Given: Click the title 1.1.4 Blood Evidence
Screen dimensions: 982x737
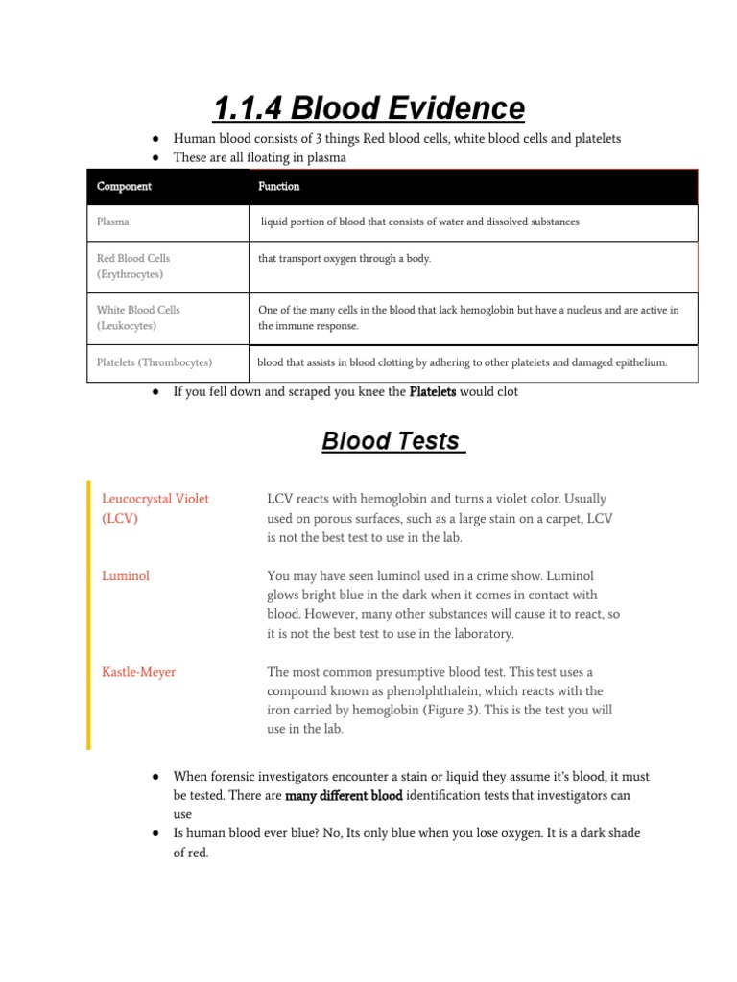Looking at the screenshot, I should tap(368, 107).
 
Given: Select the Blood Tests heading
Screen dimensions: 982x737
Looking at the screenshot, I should tap(393, 441).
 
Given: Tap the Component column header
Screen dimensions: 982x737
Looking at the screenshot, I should tap(124, 186).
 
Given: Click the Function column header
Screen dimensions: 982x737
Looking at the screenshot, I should tap(278, 186).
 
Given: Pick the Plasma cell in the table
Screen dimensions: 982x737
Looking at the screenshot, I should tap(113, 222).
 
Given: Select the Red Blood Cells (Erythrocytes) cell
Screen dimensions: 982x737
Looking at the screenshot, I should tap(132, 267).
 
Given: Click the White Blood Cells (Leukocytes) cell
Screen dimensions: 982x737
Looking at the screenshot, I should tap(138, 317).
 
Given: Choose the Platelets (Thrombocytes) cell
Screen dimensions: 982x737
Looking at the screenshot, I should tap(155, 362).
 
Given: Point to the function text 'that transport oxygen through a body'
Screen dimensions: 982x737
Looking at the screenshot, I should tap(345, 258).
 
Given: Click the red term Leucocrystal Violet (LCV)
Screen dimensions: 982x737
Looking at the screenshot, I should tap(155, 508).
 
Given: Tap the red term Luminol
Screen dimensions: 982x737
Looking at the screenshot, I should tap(126, 576).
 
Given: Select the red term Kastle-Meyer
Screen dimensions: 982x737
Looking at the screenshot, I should tap(139, 672).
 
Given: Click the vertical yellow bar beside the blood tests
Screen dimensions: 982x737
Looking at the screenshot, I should tap(88, 614).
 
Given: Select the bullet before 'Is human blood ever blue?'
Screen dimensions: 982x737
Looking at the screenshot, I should tap(155, 833).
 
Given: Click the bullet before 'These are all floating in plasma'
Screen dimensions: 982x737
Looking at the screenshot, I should tap(155, 157).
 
